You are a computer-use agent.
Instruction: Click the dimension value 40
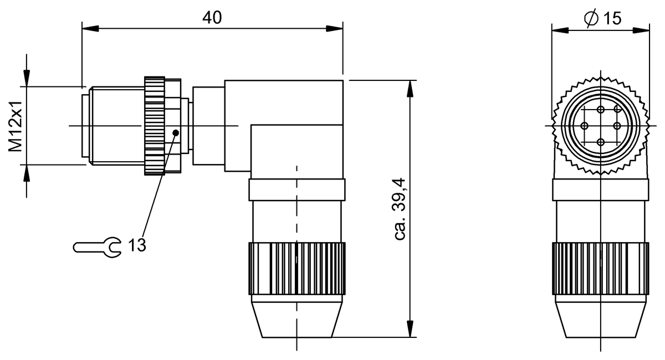[212, 18]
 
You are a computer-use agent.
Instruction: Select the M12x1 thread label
[15, 126]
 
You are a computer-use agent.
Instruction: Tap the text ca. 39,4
[400, 209]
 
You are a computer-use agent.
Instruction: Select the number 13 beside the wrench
[137, 245]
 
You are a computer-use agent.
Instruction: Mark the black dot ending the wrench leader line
[176, 132]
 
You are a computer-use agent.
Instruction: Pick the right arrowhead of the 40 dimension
[335, 28]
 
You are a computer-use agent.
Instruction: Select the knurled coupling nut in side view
[154, 126]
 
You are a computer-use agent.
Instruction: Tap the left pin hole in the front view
[585, 126]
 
